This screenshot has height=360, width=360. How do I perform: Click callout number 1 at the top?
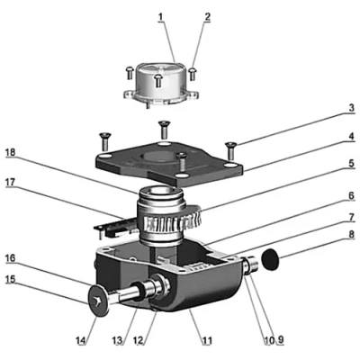[161, 17]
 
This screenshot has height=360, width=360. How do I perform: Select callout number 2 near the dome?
[207, 17]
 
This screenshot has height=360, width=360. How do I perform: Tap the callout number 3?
[352, 108]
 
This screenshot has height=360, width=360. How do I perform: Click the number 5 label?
[352, 164]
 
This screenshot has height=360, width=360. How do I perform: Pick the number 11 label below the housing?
[207, 341]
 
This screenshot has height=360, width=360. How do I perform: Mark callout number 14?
[82, 341]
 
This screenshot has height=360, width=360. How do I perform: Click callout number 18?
[12, 152]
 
